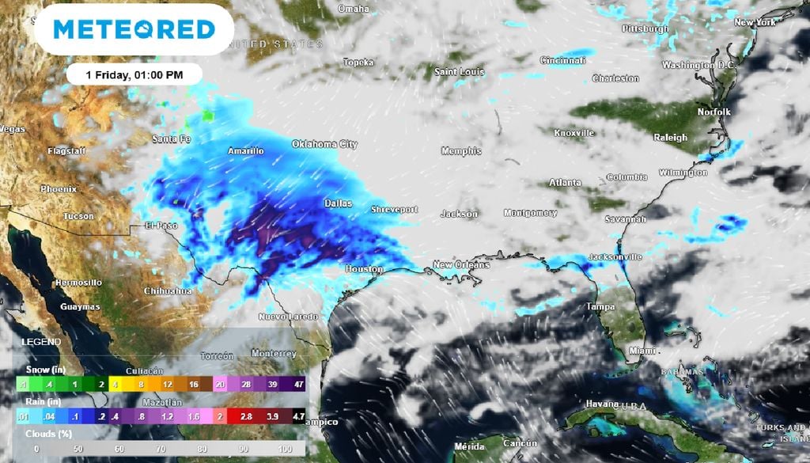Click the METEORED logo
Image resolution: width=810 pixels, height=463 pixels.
134,29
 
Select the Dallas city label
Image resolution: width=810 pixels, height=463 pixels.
338,203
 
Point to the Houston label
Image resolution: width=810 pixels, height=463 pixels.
364,270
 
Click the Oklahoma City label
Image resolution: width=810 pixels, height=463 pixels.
324,144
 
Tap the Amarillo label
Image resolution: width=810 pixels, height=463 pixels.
245,150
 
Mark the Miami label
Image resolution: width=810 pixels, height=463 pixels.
642,350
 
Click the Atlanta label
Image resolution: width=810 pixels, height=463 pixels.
565,183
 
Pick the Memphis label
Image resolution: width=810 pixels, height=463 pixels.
460,150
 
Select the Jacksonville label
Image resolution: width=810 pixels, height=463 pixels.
615,257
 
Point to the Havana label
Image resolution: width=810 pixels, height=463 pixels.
601,404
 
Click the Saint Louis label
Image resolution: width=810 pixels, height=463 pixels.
459,72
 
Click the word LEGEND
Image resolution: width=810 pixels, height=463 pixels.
40,342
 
